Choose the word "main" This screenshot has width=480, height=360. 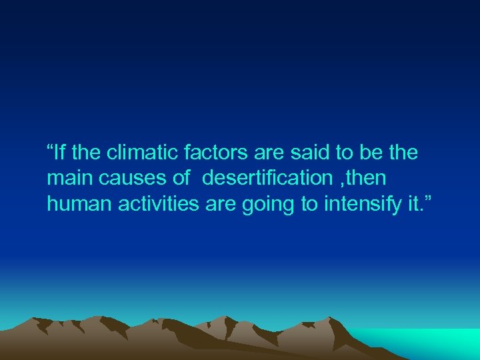pos(68,179)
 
